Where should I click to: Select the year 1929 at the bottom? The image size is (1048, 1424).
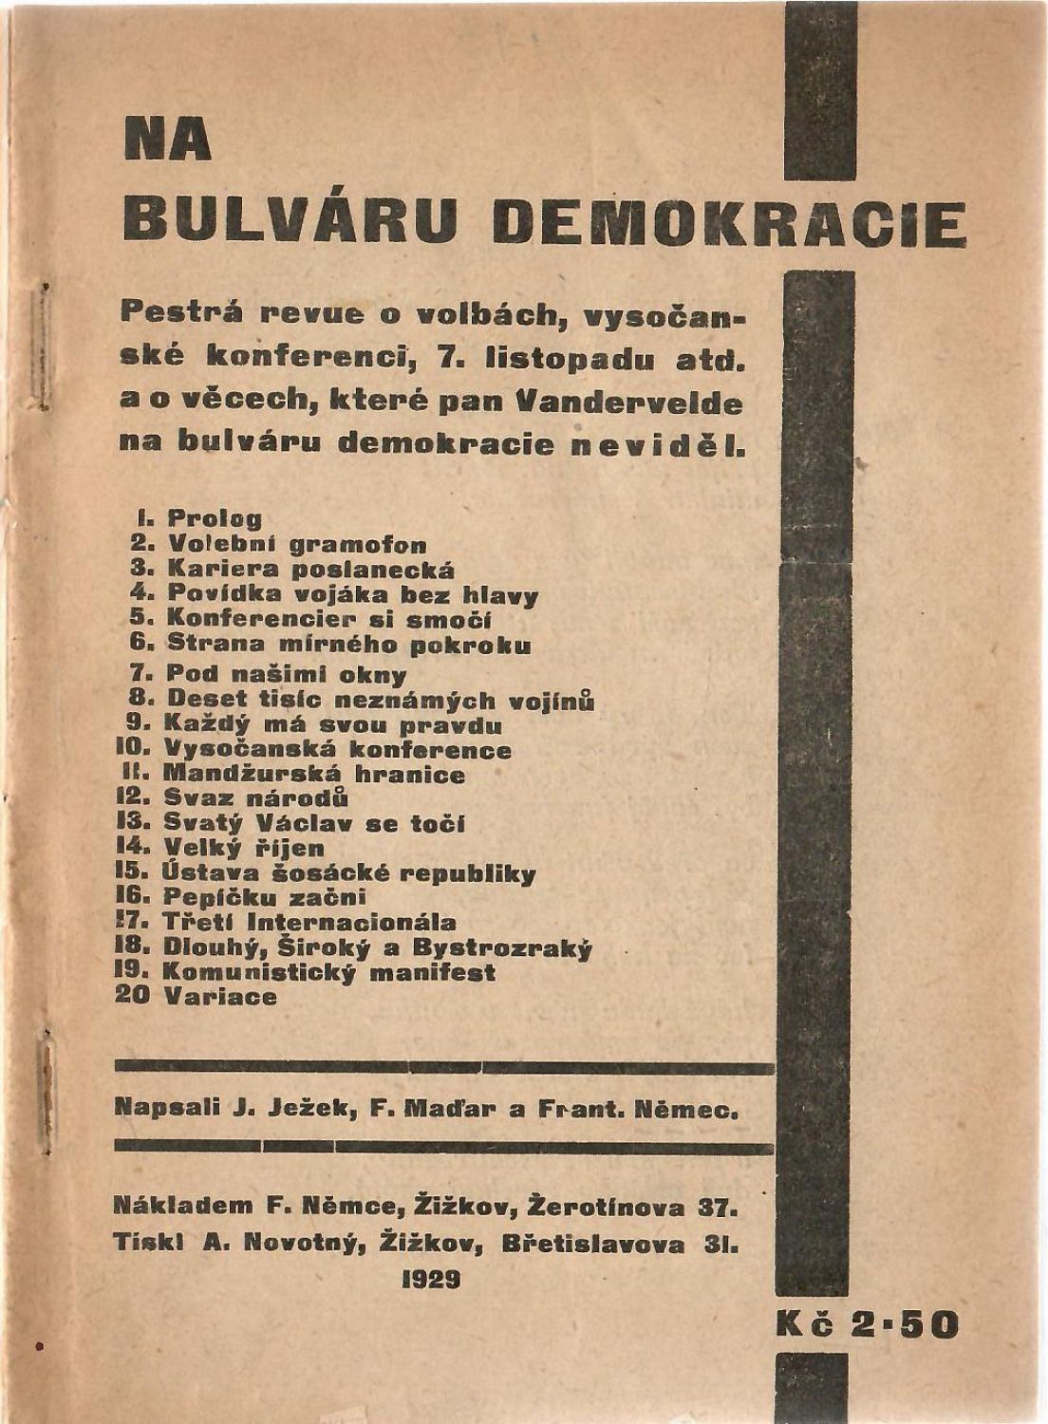click(431, 1279)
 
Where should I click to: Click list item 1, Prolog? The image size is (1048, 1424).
click(215, 519)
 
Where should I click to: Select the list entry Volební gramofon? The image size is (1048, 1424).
click(296, 545)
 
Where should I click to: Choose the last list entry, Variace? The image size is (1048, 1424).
click(220, 997)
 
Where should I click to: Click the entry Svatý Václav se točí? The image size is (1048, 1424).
click(314, 823)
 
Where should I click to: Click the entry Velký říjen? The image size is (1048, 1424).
click(244, 848)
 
